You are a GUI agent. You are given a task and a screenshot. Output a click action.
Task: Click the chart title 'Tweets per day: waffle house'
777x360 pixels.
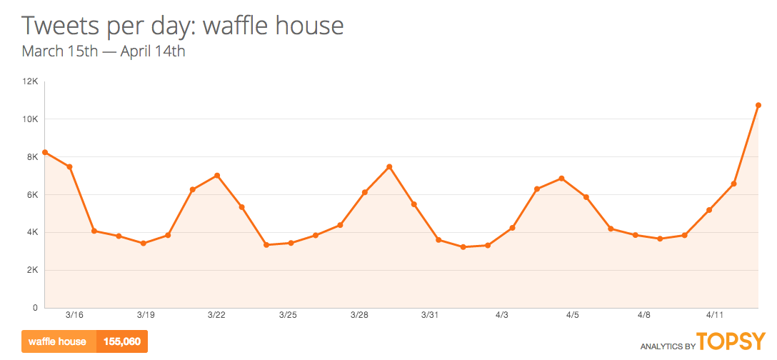[183, 26]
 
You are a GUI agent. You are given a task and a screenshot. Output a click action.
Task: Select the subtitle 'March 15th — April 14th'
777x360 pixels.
[104, 51]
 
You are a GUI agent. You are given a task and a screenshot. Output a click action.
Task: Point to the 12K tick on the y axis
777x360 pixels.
[30, 81]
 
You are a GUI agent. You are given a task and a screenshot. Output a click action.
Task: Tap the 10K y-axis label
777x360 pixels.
[30, 119]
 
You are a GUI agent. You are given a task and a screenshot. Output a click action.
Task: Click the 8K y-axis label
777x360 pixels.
[32, 157]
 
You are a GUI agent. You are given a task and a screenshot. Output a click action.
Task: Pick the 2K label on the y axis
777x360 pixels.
[32, 270]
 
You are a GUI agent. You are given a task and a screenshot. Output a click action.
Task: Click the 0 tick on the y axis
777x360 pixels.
[34, 308]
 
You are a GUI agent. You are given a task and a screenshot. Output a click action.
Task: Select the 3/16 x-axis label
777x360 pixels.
[74, 315]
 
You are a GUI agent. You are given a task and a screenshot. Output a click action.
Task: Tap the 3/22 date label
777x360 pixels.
[216, 315]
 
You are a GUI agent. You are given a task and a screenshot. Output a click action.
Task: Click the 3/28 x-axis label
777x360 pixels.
[359, 315]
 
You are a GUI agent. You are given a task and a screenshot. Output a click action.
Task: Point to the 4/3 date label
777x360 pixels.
[501, 315]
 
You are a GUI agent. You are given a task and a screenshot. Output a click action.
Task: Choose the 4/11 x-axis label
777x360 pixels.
[715, 315]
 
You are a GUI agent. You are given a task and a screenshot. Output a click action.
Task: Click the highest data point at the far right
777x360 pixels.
[758, 105]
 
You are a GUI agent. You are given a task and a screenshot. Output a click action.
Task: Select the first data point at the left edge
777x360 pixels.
[45, 152]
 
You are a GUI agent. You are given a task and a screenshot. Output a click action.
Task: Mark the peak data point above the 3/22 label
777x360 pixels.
[217, 176]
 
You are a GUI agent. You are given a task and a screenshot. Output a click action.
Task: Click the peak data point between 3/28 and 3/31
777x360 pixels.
[389, 167]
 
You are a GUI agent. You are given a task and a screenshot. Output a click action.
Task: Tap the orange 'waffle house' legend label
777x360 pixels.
[58, 341]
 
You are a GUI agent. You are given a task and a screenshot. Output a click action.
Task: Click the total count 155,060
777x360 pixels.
[121, 341]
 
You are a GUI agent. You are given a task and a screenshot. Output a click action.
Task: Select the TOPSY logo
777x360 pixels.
[731, 341]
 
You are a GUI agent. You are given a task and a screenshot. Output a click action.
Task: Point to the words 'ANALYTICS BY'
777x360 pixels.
[667, 346]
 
